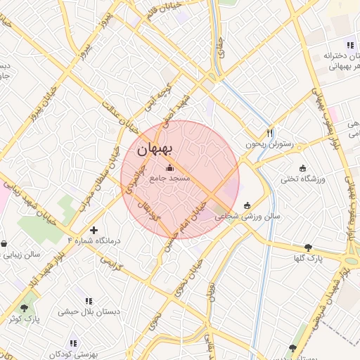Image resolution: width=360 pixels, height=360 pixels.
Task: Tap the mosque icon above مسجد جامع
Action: [x=169, y=167]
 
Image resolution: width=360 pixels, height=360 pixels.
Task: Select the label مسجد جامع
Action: [x=169, y=179]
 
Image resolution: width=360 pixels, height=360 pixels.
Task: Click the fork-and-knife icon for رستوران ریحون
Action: [x=269, y=132]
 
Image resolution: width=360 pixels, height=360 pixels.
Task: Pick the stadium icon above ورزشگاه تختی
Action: [x=303, y=168]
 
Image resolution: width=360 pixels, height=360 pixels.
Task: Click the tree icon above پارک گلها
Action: [x=308, y=247]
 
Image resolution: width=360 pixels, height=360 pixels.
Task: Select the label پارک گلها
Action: [x=308, y=258]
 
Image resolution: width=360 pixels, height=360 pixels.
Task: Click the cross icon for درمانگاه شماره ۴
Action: [x=94, y=230]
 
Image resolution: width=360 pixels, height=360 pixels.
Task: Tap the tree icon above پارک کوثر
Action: [x=25, y=308]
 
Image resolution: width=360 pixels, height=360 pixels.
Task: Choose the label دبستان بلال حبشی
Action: [x=89, y=311]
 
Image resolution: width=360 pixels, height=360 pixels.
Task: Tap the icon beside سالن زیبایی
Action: [x=5, y=244]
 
